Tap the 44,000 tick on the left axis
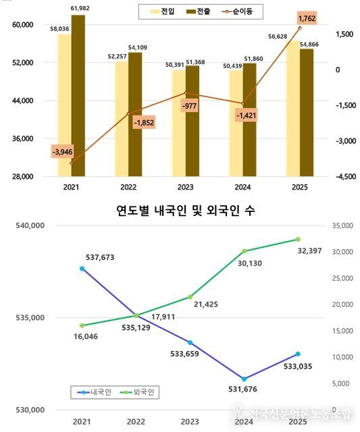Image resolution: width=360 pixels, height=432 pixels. click(x=23, y=101)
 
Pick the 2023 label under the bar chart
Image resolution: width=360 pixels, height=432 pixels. click(x=185, y=188)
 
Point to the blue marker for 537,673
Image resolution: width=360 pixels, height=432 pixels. click(x=82, y=269)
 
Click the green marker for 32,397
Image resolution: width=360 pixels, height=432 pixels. click(x=298, y=239)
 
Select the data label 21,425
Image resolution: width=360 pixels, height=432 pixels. click(x=207, y=305)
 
